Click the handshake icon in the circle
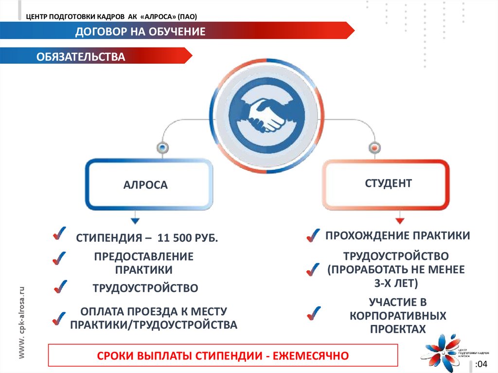267,115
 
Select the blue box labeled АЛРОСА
149,185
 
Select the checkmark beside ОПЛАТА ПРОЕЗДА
59,319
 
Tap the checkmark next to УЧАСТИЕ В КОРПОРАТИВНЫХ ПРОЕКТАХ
314,313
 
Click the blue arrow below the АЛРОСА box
135,219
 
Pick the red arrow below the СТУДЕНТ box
400,220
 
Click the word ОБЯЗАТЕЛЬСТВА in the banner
81,57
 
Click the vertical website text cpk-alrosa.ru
21,323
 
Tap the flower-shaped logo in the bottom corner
440,349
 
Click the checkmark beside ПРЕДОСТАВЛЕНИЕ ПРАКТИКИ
59,258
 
